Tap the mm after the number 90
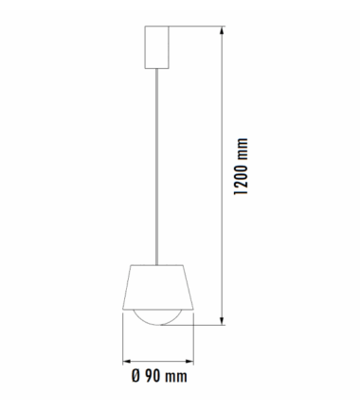coord(175,377)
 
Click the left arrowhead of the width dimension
coord(127,361)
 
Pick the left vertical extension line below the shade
coord(123,341)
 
